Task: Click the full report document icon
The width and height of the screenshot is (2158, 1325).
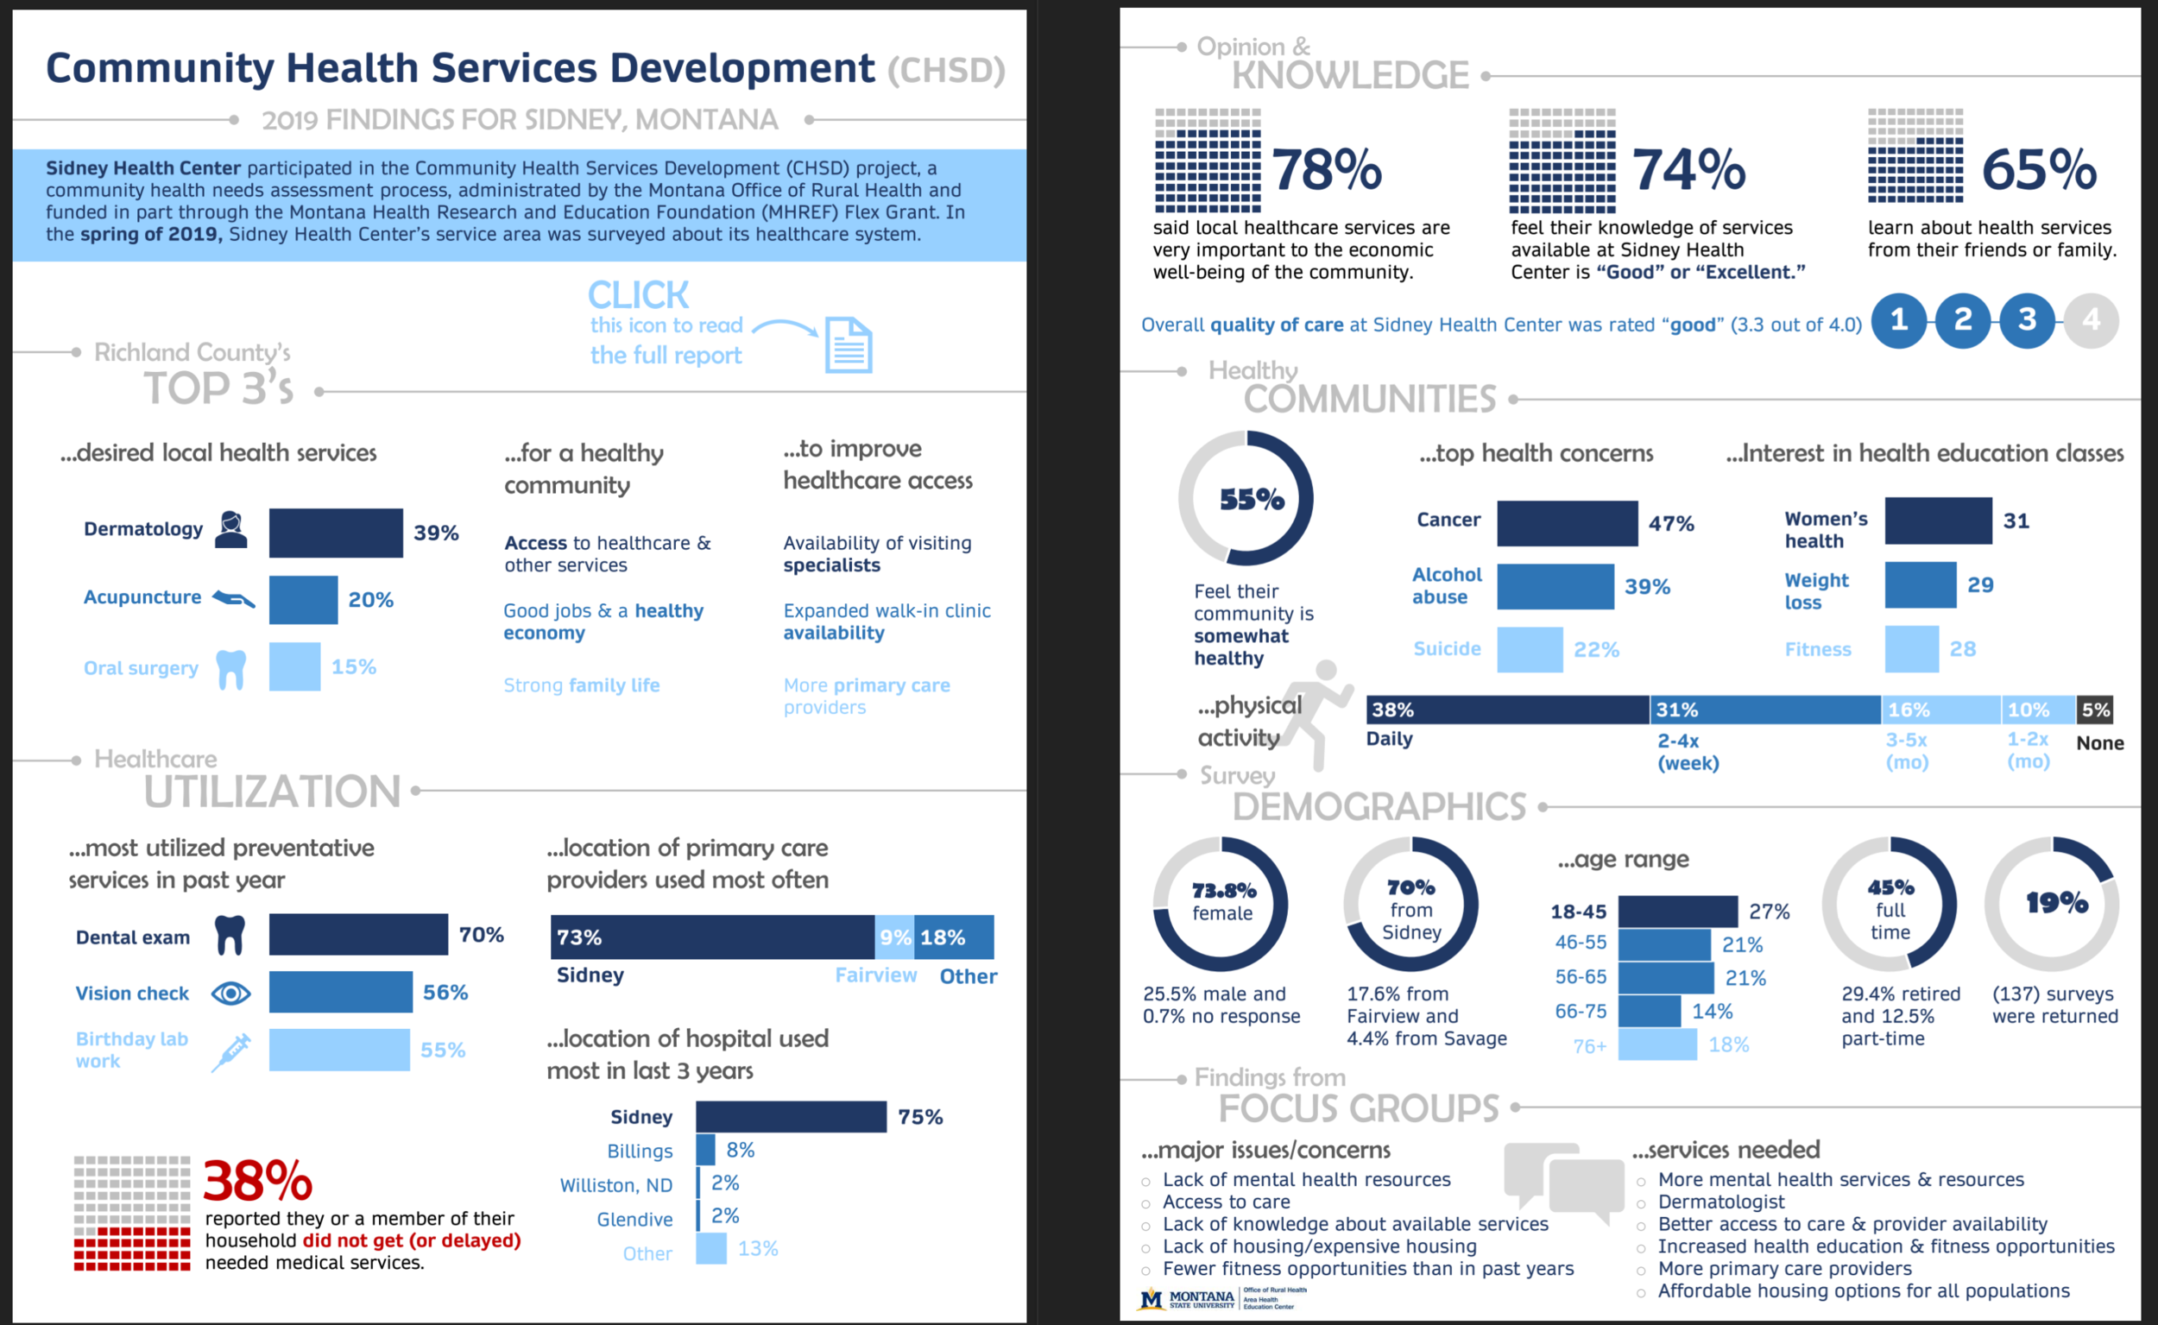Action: [849, 345]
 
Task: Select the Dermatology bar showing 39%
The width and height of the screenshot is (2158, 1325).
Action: [336, 533]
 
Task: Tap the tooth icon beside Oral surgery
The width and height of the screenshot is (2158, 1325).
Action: [230, 670]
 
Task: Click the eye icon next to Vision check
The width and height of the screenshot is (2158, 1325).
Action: [231, 993]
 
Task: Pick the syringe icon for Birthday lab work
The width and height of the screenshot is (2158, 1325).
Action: [231, 1051]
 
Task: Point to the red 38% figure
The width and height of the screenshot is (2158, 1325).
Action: [257, 1182]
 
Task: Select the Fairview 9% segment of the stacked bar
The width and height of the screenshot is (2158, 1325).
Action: [893, 937]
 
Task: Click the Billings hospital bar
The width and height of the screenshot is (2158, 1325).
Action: [705, 1150]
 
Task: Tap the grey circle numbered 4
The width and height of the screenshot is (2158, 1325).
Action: [2091, 321]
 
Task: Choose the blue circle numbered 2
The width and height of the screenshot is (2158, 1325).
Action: [1963, 321]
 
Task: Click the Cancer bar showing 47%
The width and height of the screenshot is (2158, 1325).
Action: [1567, 523]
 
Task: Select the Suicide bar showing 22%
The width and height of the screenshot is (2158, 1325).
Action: [1529, 649]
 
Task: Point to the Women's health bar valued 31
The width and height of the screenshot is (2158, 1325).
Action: [1938, 521]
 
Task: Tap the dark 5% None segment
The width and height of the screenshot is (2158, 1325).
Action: [2095, 710]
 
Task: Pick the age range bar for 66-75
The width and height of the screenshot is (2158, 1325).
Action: [1649, 1012]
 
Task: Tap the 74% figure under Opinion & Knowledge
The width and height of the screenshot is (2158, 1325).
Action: [1688, 169]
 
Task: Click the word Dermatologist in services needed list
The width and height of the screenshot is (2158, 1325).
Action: [1721, 1202]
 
